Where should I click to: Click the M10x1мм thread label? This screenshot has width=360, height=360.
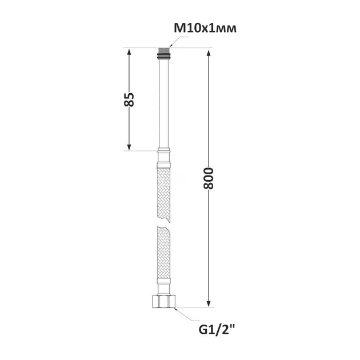click(205, 29)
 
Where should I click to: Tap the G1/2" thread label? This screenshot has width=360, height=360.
click(217, 330)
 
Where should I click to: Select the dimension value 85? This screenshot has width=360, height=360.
click(129, 99)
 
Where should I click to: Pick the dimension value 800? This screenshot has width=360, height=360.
click(209, 178)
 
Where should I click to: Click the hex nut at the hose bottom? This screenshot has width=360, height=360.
click(164, 301)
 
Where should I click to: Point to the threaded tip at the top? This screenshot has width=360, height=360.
click(163, 50)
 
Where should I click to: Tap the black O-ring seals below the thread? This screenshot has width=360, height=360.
click(163, 56)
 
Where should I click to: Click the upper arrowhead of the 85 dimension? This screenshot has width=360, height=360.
click(129, 51)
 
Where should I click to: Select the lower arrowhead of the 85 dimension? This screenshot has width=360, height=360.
click(129, 147)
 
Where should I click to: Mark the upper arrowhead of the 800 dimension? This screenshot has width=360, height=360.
click(209, 53)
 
